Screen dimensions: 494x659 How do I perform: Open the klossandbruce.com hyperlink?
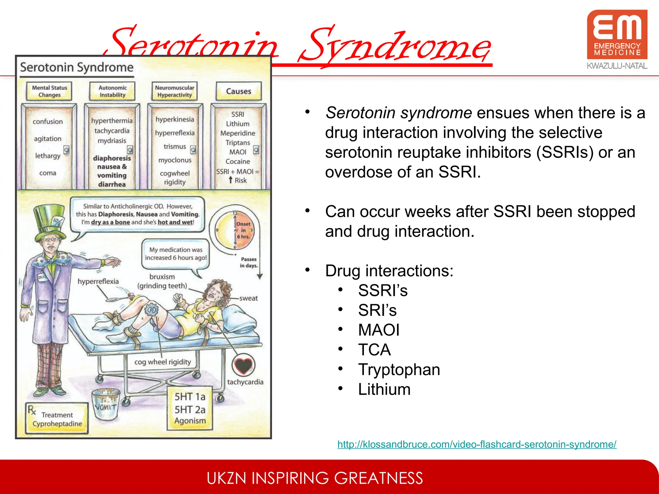coord(477,444)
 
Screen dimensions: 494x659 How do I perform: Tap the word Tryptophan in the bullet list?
coord(399,370)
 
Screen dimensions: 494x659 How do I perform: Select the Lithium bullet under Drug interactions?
coord(384,389)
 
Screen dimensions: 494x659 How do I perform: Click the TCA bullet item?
coord(374,350)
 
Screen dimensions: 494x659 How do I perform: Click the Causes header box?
coord(238,91)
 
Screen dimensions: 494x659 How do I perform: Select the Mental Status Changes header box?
coord(49,91)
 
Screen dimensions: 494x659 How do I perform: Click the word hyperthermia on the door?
coord(112,121)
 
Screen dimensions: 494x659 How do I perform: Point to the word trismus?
coord(175,147)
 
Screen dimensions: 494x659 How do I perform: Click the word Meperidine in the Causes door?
coord(237,133)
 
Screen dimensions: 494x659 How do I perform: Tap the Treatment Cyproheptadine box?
coord(57,419)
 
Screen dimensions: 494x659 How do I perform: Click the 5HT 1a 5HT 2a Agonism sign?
coord(190,408)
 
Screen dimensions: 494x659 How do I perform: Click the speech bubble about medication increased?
coord(176,254)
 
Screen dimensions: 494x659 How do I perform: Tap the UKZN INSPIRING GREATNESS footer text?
coord(314,478)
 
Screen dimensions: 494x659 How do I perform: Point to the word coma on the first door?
coord(48,173)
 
